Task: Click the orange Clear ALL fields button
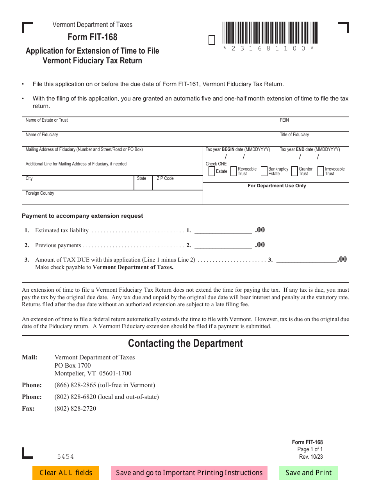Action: click(66, 473)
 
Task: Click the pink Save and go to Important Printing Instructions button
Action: click(189, 473)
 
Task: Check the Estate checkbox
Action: click(212, 171)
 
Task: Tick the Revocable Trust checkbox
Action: click(234, 171)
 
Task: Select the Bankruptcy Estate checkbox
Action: click(264, 171)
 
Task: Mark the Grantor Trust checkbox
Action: click(295, 171)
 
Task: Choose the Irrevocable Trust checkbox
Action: click(321, 171)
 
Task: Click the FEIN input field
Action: click(312, 126)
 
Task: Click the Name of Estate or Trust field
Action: click(149, 126)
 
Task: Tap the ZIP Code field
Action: click(177, 185)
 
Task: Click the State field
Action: click(143, 185)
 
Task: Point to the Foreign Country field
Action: click(112, 199)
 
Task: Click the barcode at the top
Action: click(270, 33)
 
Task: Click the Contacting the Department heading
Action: click(185, 343)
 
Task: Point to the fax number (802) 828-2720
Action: click(75, 409)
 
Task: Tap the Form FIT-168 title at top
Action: click(93, 37)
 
